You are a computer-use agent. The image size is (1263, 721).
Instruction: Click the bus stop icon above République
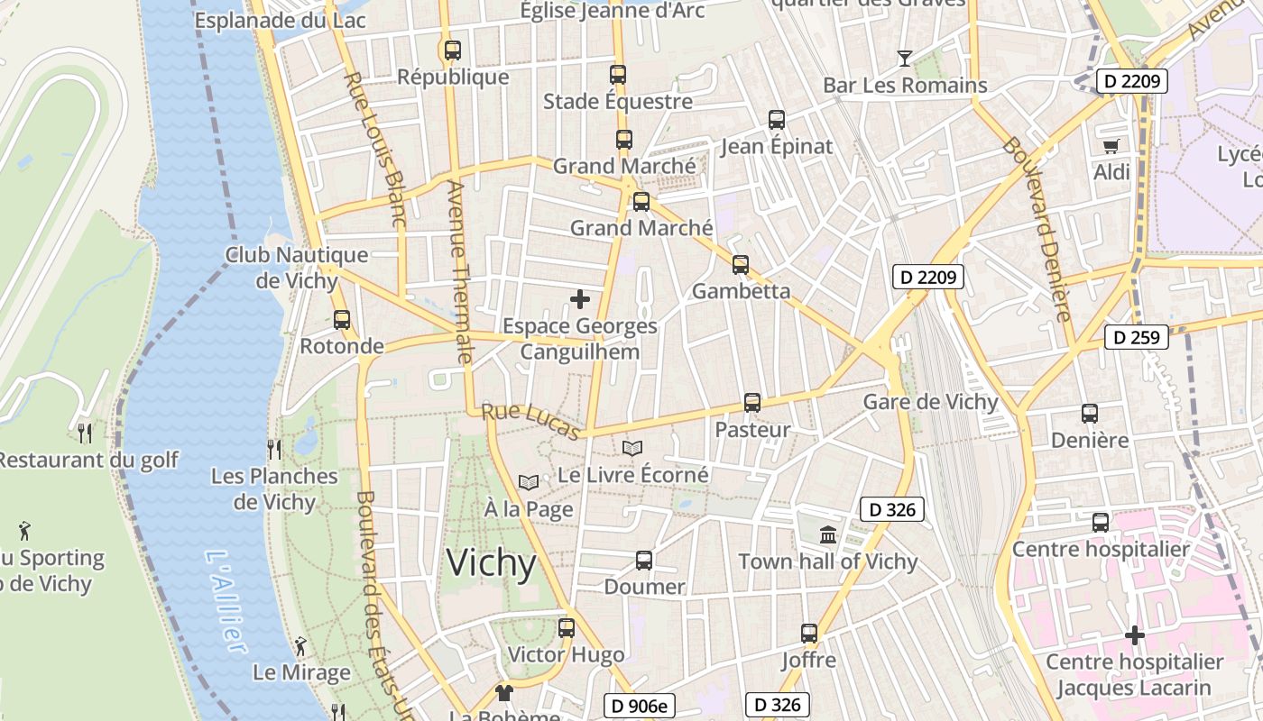click(453, 50)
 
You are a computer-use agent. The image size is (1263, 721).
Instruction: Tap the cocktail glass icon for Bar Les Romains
click(904, 59)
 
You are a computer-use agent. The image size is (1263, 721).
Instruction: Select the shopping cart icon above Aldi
click(1111, 146)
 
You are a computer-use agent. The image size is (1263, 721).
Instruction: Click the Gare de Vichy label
click(930, 402)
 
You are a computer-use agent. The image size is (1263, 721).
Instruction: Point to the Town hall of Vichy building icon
click(827, 535)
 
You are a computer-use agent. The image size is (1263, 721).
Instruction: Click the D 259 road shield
click(1136, 338)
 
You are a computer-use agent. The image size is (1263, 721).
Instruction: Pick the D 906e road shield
click(639, 706)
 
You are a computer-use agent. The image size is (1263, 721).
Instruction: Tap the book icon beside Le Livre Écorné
click(632, 448)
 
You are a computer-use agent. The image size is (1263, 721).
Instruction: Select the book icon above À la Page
click(528, 483)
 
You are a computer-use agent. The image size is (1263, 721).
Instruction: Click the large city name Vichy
click(492, 563)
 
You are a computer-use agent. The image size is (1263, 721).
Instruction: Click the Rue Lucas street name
click(530, 422)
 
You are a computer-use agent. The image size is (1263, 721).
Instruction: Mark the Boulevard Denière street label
click(1037, 229)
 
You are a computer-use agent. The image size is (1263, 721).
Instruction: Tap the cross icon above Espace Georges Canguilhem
click(580, 298)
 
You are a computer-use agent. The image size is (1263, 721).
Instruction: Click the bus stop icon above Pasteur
click(751, 403)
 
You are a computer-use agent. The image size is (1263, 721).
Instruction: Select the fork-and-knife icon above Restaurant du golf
click(85, 434)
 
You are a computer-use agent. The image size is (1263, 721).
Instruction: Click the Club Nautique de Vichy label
click(297, 268)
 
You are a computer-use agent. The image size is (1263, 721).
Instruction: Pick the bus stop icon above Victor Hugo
click(566, 628)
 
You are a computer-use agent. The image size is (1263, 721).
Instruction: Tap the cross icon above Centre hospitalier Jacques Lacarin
click(1134, 636)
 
